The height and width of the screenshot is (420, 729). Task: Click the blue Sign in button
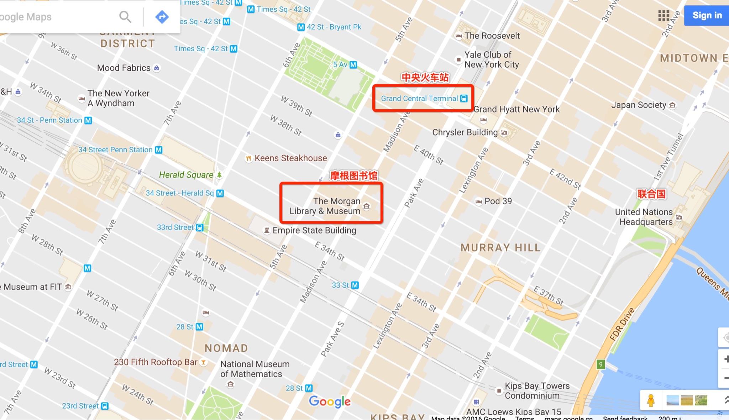[x=707, y=15]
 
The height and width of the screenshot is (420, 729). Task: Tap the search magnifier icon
[x=125, y=16]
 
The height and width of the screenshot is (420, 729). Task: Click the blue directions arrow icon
[x=162, y=16]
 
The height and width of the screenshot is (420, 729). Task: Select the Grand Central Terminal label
[x=419, y=99]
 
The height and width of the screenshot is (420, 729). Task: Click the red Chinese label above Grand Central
[x=425, y=78]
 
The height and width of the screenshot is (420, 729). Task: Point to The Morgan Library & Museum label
[x=325, y=206]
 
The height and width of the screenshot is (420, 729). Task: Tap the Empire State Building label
[x=314, y=230]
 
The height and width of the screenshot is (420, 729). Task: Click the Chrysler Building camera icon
[x=504, y=133]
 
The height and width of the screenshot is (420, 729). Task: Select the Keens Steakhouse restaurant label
[x=290, y=158]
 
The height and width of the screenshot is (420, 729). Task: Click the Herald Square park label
[x=186, y=175]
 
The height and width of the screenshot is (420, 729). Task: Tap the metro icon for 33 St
[x=355, y=285]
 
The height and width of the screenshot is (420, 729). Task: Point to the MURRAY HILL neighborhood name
[x=500, y=248]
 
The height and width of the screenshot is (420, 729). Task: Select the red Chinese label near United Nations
[x=651, y=194]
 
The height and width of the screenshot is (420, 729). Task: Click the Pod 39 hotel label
[x=498, y=201]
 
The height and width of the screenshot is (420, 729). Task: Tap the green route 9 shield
[x=600, y=364]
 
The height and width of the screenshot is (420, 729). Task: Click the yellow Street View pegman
[x=651, y=400]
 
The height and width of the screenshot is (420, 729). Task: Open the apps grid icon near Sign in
[x=664, y=16]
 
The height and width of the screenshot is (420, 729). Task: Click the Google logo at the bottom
[x=330, y=401]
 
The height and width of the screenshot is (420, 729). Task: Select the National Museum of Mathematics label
[x=255, y=369]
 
